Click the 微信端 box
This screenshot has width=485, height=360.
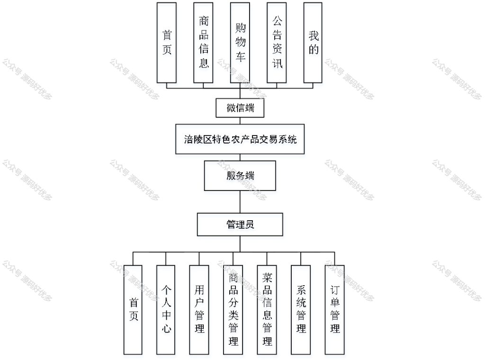click(x=240, y=108)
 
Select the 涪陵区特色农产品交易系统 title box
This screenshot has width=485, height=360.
click(x=240, y=139)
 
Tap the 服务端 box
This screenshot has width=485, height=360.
click(x=240, y=176)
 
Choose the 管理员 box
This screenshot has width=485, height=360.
click(x=240, y=224)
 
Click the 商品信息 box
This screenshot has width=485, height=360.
click(x=203, y=43)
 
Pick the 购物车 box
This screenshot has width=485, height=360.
click(x=240, y=43)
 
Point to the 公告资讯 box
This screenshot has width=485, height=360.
click(x=277, y=43)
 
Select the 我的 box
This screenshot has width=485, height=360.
click(x=313, y=43)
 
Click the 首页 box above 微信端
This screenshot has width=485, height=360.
click(x=166, y=43)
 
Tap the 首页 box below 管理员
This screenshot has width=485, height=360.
click(x=133, y=310)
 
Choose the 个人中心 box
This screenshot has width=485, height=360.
click(x=166, y=310)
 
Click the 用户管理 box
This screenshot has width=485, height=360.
click(x=199, y=310)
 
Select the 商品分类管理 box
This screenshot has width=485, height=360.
click(x=233, y=310)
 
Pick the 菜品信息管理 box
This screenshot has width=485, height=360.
click(x=267, y=310)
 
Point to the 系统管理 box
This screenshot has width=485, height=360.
click(x=301, y=310)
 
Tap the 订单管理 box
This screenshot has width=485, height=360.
click(x=335, y=310)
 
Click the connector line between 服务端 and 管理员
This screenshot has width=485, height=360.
click(x=240, y=202)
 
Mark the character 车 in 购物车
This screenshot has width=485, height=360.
click(x=240, y=56)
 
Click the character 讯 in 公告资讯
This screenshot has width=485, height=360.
click(x=277, y=63)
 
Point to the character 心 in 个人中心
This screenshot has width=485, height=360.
click(x=166, y=328)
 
